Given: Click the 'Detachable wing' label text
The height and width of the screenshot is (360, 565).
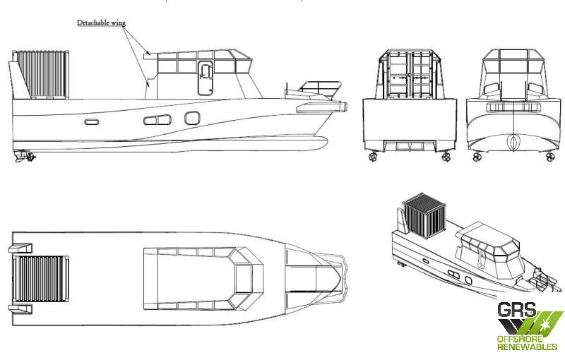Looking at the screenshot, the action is (101, 23).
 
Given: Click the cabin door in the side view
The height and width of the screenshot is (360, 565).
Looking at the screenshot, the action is (206, 78).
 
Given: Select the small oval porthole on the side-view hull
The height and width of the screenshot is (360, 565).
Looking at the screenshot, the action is (92, 122).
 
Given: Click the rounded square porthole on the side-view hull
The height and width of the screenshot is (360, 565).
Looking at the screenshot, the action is (192, 118).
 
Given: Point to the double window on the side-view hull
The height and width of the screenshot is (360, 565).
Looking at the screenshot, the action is (157, 120).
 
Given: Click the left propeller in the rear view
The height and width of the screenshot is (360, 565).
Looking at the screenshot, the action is (372, 157).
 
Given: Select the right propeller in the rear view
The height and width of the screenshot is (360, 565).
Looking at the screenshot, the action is (446, 157).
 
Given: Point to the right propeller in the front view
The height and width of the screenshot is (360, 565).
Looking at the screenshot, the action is (550, 157).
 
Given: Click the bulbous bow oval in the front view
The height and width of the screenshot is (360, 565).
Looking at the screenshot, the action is (513, 142).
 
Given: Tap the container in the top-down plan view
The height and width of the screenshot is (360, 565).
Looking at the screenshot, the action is (41, 279).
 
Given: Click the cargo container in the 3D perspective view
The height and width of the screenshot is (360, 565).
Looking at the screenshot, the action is (425, 215).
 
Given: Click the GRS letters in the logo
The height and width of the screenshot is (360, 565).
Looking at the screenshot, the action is (517, 310).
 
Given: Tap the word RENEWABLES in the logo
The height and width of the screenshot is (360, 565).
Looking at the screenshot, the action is (527, 347).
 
